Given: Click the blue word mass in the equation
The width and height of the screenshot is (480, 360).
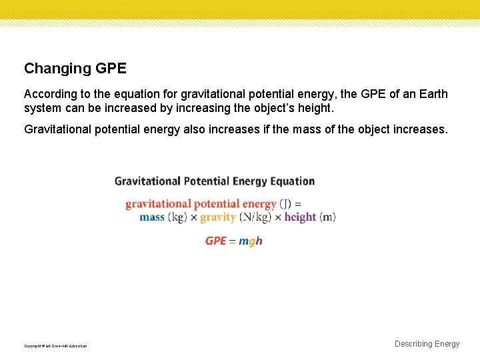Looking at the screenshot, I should pyautogui.click(x=152, y=217).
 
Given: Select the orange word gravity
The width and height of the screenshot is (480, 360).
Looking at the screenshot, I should pyautogui.click(x=217, y=217).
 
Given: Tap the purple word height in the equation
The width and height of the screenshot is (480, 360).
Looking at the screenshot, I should pyautogui.click(x=300, y=217).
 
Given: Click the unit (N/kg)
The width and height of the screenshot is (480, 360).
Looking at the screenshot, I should pyautogui.click(x=255, y=217).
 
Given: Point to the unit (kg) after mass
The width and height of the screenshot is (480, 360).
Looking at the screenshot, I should pyautogui.click(x=177, y=217).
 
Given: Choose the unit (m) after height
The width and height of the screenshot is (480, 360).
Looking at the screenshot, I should pyautogui.click(x=327, y=217).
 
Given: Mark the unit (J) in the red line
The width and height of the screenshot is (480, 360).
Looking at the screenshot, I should pyautogui.click(x=285, y=204).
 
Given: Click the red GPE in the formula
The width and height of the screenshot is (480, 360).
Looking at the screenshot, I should pyautogui.click(x=215, y=241).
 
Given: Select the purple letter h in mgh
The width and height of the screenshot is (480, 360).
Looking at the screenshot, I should pyautogui.click(x=259, y=241).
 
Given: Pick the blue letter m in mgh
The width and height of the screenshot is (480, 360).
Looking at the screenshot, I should pyautogui.click(x=243, y=241).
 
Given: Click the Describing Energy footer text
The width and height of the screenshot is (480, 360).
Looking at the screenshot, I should pyautogui.click(x=427, y=344).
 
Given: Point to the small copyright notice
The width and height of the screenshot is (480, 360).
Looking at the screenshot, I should pyautogui.click(x=55, y=346).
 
